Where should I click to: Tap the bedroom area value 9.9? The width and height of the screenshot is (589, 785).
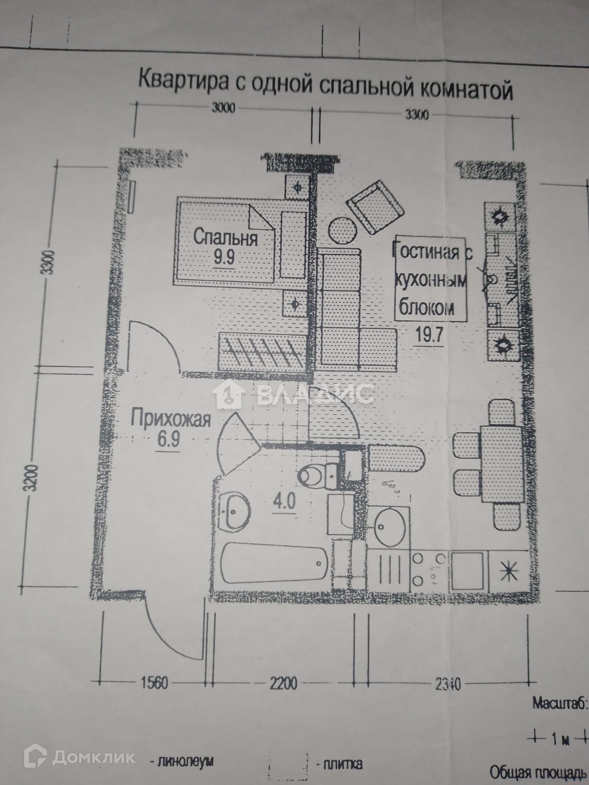point(224,257)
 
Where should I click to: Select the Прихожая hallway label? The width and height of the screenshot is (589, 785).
point(171,419)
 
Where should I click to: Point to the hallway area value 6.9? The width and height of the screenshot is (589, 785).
point(168,439)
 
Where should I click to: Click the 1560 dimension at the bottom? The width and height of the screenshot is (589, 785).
point(154,682)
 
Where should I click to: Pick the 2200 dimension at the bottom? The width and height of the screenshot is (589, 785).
point(283,682)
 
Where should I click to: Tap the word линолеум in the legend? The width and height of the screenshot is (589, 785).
point(186,762)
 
